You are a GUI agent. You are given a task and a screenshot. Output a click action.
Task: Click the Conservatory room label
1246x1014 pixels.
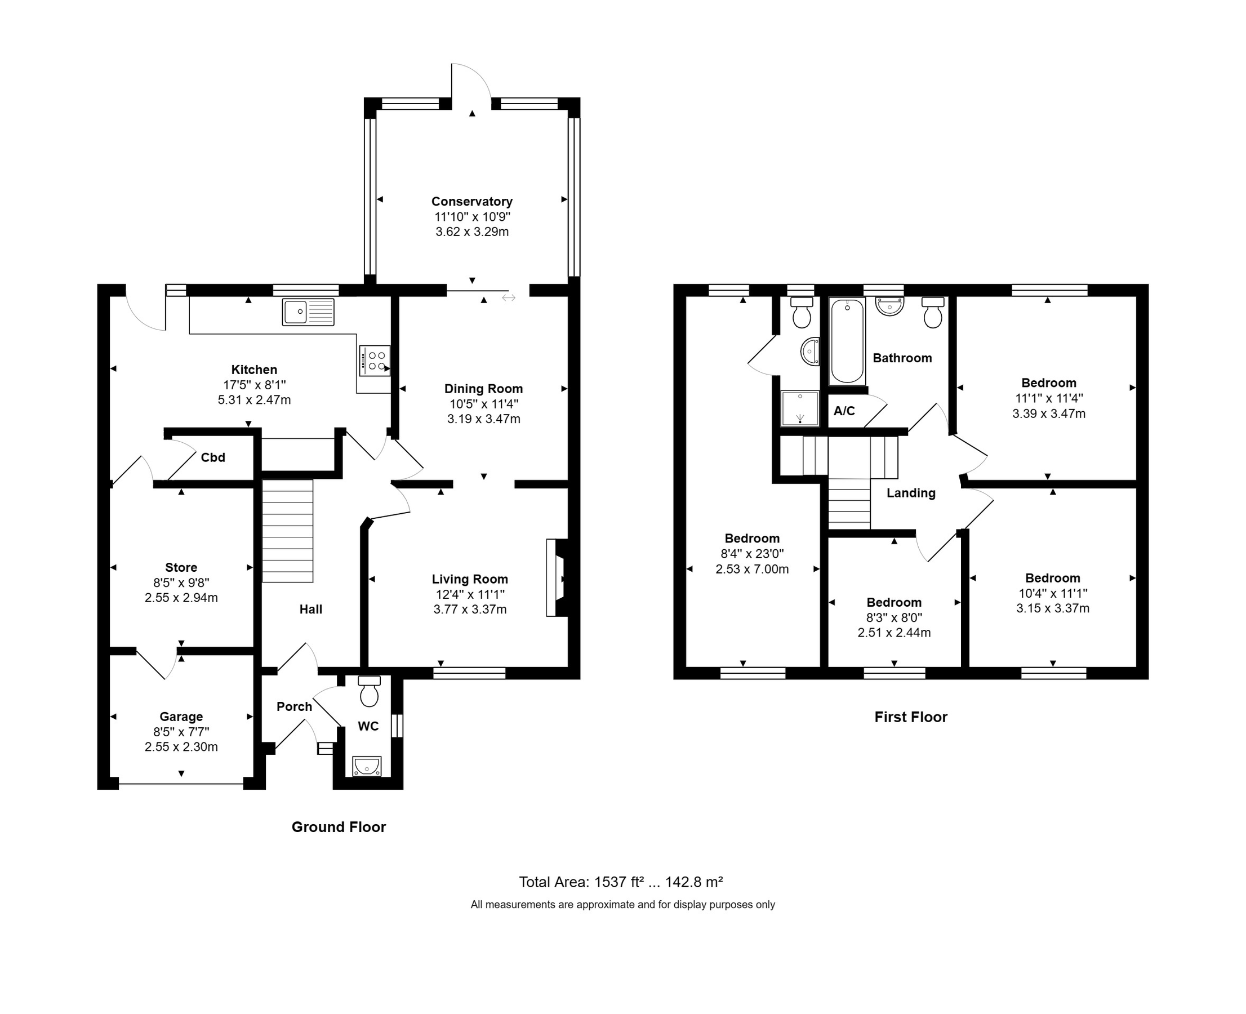click(471, 202)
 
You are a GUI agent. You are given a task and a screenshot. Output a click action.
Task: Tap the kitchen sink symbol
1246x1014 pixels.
click(308, 312)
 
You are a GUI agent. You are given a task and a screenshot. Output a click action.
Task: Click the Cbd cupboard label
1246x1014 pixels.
click(212, 457)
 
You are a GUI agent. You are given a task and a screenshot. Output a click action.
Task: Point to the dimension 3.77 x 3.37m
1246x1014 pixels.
click(470, 610)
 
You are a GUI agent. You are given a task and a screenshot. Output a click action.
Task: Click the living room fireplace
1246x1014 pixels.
click(557, 577)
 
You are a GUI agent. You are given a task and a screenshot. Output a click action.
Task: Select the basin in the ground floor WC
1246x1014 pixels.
click(367, 766)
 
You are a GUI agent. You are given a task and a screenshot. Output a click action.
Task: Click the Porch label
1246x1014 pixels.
click(294, 707)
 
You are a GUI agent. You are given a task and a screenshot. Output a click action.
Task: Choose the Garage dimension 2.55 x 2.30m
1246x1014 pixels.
click(181, 747)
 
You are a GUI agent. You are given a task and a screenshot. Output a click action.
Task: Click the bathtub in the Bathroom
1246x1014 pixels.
click(847, 341)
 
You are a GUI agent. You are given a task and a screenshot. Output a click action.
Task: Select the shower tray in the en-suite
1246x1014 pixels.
click(800, 408)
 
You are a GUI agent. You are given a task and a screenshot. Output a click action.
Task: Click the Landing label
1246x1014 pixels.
click(911, 493)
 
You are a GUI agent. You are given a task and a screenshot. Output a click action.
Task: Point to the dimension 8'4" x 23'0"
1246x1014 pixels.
click(752, 554)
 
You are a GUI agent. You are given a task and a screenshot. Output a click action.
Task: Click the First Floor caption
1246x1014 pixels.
click(910, 717)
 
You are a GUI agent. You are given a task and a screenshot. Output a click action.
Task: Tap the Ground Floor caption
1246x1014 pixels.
click(338, 827)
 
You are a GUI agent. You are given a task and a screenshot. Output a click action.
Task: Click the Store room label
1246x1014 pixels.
click(181, 568)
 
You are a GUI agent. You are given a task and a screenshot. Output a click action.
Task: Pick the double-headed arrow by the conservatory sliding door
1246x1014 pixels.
click(508, 299)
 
